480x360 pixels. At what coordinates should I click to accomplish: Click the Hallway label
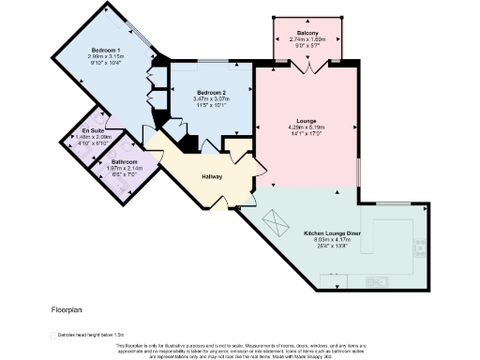click(x=212, y=176)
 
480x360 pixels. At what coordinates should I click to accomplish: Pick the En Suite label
click(x=92, y=130)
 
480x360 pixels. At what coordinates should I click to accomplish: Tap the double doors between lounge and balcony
click(x=308, y=66)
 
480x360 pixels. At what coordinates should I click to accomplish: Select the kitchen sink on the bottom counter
click(x=377, y=280)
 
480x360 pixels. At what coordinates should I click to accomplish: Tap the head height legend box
click(x=52, y=334)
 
